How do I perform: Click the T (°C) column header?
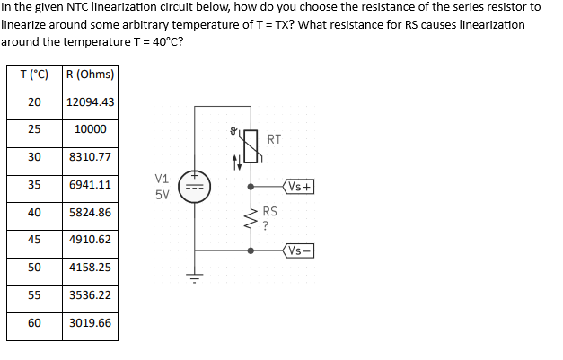point(34,74)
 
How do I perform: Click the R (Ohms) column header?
point(90,74)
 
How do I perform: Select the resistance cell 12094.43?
point(90,101)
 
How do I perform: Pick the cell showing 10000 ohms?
point(90,129)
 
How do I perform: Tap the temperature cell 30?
point(34,157)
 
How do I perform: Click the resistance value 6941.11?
point(90,185)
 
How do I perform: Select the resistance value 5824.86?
point(90,213)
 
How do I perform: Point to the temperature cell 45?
point(34,240)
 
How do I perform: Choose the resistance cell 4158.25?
point(90,268)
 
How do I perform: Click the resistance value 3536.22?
point(90,294)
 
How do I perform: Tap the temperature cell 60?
point(34,322)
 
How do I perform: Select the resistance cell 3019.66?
point(90,322)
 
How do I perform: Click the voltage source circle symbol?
point(195,187)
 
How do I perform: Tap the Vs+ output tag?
point(299,187)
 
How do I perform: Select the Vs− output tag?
point(299,250)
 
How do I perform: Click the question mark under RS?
point(267,225)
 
